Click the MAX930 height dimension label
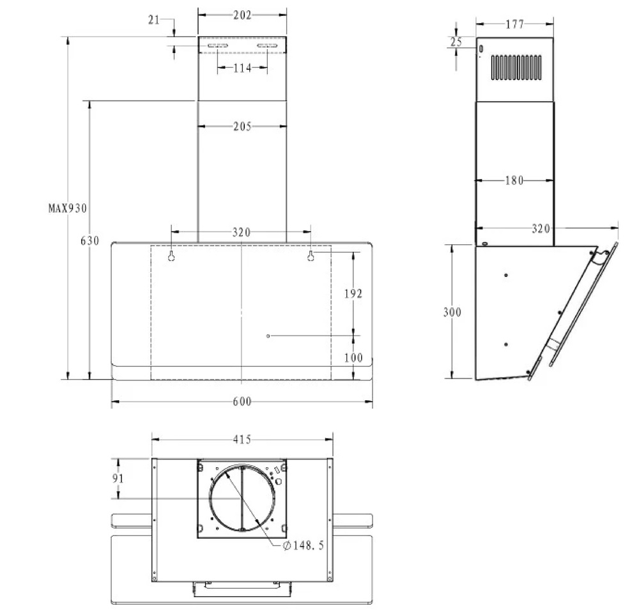click(68, 208)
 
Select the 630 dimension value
click(90, 241)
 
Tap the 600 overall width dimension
click(242, 401)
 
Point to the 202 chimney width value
click(242, 15)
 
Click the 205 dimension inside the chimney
click(242, 127)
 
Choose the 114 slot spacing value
click(242, 68)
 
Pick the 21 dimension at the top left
click(154, 20)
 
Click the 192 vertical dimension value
click(353, 293)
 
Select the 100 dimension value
click(353, 358)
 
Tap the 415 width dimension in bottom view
click(242, 439)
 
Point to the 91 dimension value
click(118, 478)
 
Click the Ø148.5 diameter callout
click(304, 545)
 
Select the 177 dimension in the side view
click(514, 24)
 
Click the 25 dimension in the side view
click(456, 42)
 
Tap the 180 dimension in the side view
click(514, 180)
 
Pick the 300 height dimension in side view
click(452, 312)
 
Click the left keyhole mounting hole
click(171, 256)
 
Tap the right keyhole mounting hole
click(311, 256)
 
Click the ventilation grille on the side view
click(516, 67)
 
